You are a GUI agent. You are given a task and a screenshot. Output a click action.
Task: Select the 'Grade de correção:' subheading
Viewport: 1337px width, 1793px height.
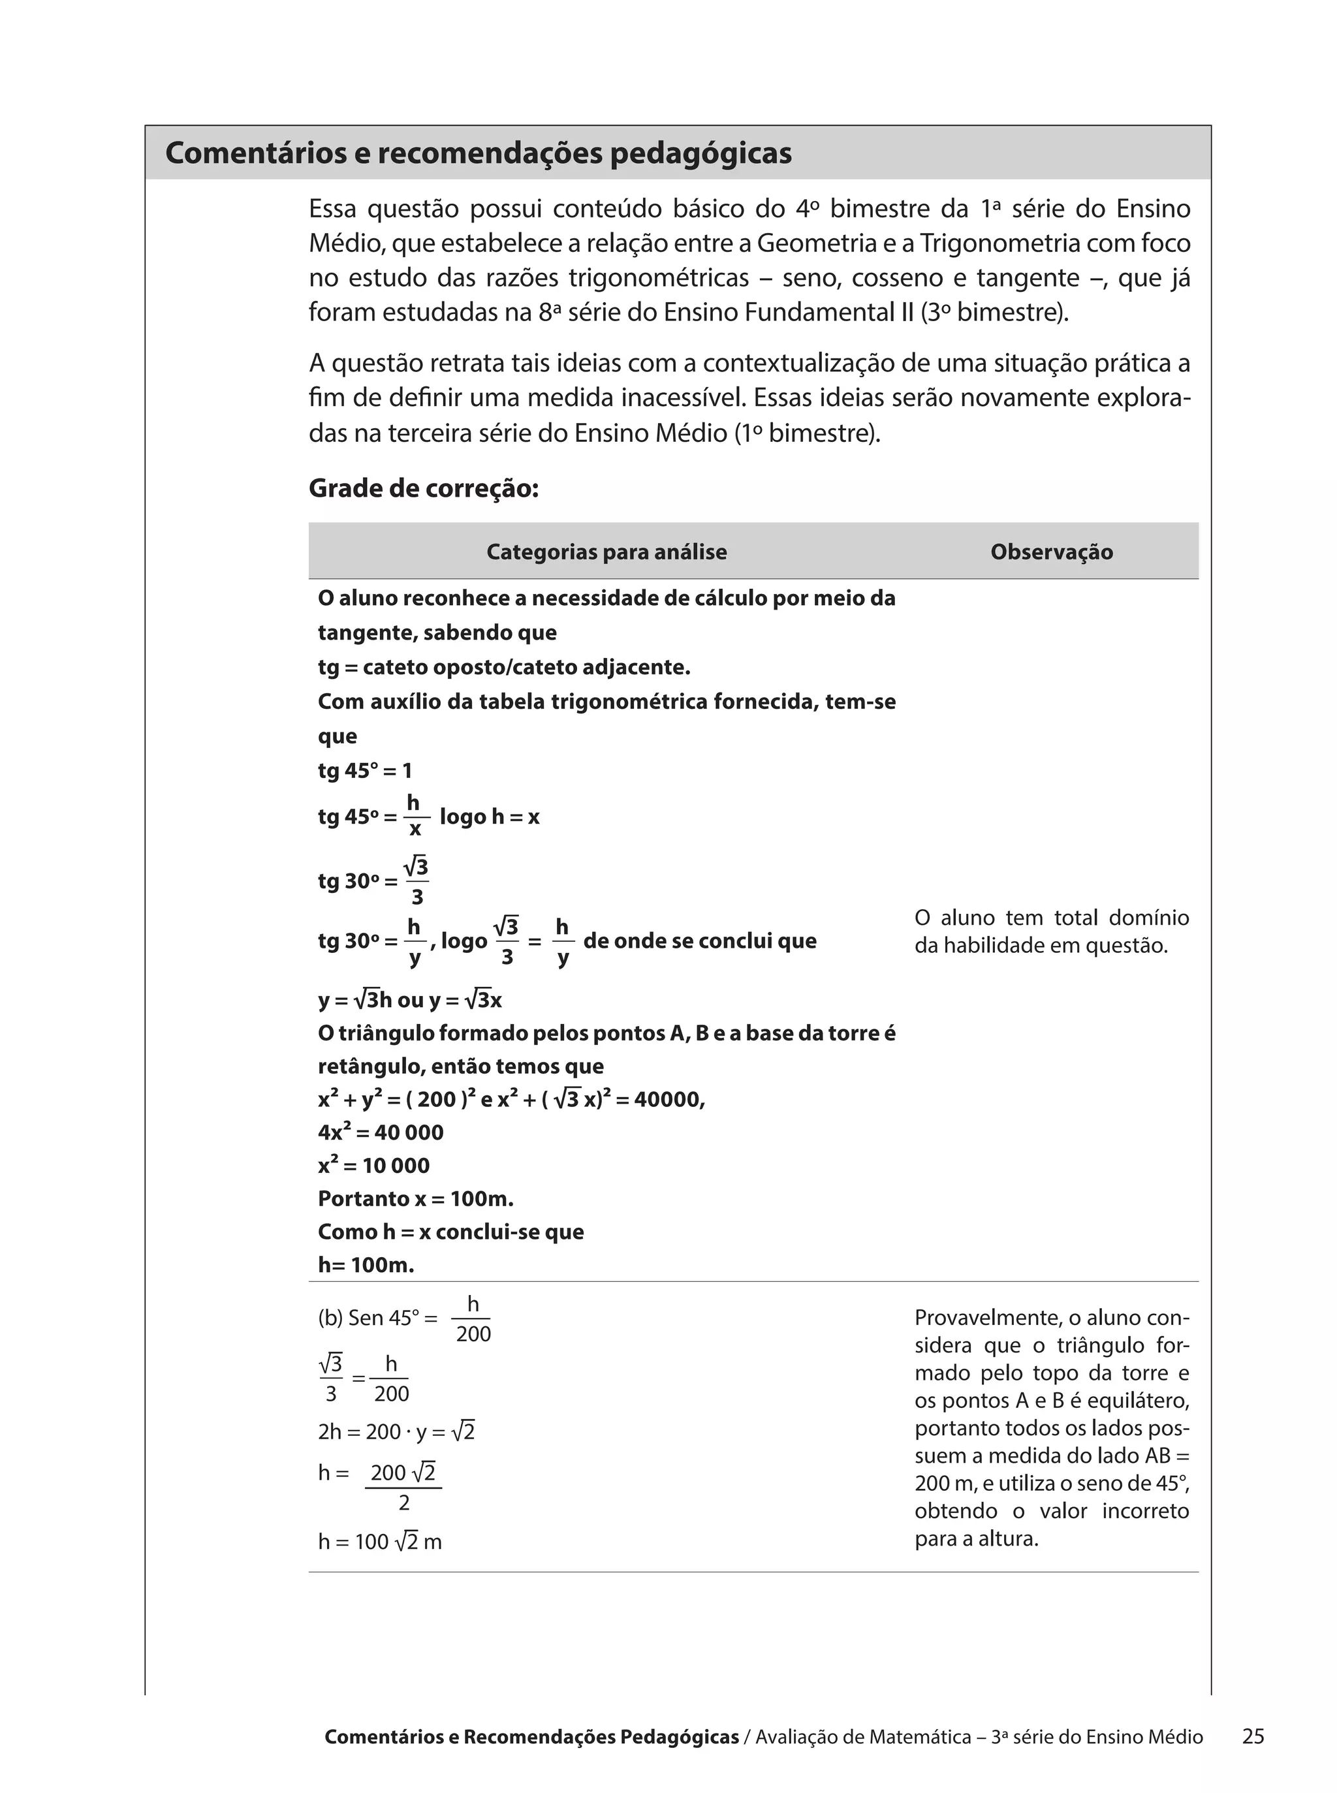423,489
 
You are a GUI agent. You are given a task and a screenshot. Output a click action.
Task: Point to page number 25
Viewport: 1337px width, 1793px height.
1252,1736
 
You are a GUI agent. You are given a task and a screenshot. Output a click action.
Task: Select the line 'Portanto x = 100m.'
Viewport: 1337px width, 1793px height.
415,1198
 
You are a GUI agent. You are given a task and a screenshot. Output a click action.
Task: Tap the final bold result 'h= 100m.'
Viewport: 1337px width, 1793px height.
366,1266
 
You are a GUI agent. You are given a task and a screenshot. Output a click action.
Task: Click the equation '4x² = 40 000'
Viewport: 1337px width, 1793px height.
381,1132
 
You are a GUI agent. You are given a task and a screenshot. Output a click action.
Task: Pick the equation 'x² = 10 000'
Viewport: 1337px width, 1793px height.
373,1165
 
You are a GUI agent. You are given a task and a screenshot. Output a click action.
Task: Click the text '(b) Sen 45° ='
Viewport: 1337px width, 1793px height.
377,1318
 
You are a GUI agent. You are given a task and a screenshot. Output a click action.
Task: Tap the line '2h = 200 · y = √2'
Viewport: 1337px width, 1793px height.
396,1432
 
